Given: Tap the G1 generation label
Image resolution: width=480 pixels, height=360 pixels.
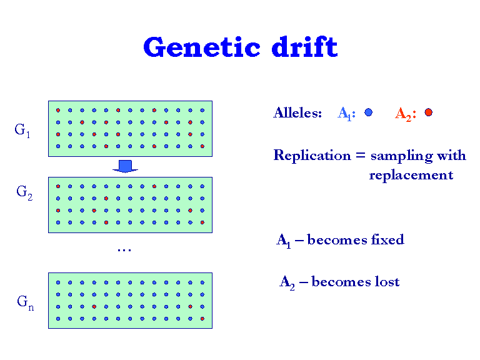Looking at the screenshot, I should pyautogui.click(x=22, y=131).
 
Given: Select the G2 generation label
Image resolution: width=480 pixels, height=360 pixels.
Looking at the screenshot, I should pyautogui.click(x=24, y=192).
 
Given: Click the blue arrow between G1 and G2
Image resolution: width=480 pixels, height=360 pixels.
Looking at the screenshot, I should pyautogui.click(x=125, y=166).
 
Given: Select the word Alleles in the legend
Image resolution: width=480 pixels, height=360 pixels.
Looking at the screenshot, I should pyautogui.click(x=297, y=113).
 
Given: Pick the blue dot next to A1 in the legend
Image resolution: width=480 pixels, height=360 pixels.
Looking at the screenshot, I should pyautogui.click(x=369, y=112).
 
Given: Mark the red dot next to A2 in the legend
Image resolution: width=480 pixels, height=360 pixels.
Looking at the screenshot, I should pyautogui.click(x=428, y=112).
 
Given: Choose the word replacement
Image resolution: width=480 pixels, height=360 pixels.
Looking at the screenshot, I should pyautogui.click(x=411, y=175).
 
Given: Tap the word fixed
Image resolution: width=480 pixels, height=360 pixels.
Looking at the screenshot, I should pyautogui.click(x=387, y=239).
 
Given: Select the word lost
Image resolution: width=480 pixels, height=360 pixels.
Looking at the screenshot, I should pyautogui.click(x=387, y=282).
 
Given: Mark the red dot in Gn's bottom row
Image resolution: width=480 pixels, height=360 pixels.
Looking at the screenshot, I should pyautogui.click(x=202, y=319).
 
